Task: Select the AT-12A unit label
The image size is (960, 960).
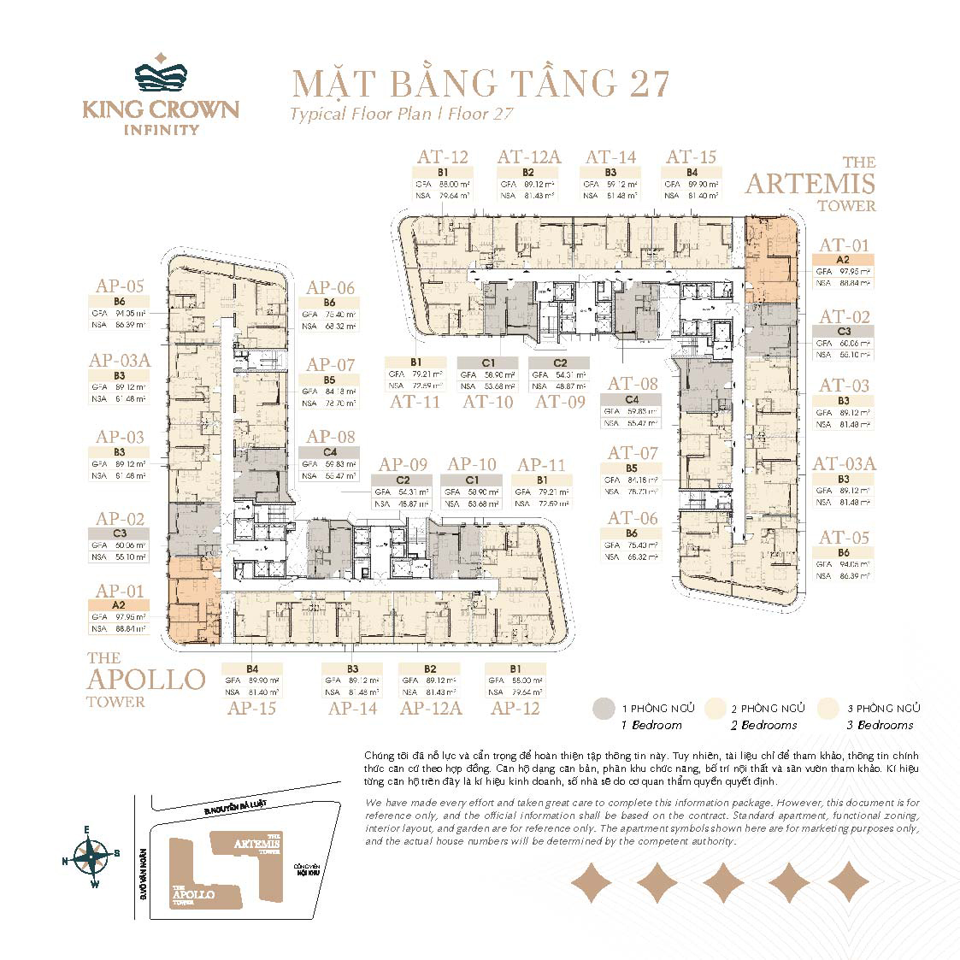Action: [x=529, y=156]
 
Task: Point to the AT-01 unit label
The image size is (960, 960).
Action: [x=843, y=245]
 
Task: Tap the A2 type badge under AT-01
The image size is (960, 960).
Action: [x=843, y=260]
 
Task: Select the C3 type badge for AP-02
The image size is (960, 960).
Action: [x=120, y=533]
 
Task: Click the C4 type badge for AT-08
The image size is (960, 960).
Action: [x=632, y=399]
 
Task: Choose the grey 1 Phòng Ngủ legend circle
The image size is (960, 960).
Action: [x=604, y=708]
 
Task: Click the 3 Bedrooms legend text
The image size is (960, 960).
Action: [x=886, y=725]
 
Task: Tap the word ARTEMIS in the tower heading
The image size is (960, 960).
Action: [x=810, y=184]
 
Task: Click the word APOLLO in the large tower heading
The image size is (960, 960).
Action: [x=146, y=680]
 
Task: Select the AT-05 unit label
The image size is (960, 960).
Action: [x=843, y=538]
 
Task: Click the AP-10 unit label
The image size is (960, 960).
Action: [x=472, y=465]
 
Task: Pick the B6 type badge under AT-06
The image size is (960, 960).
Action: [x=632, y=533]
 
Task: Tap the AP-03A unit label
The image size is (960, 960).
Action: [x=120, y=360]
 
